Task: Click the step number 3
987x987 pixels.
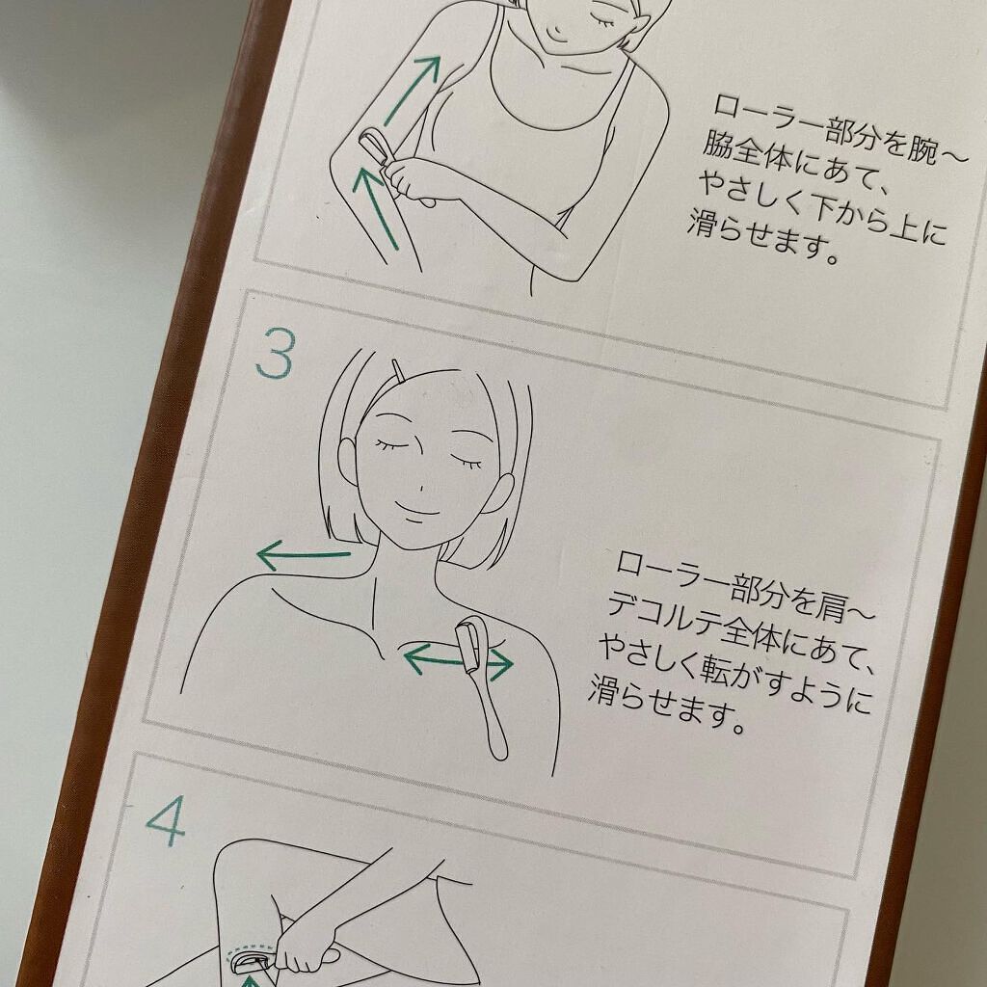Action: (275, 356)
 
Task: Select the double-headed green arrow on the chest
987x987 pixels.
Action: (458, 661)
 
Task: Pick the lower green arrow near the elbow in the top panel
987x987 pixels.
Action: (378, 206)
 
